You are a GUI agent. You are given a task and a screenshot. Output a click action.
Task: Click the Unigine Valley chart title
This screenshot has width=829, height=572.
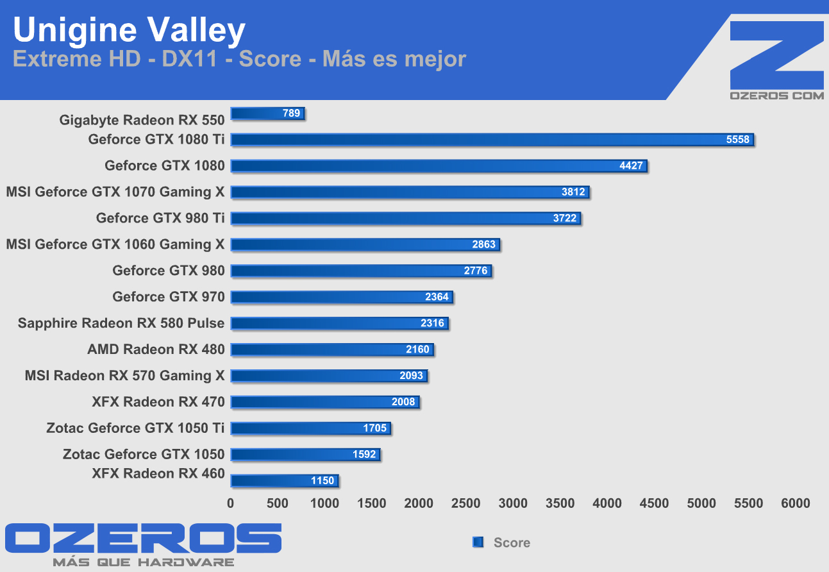coord(129,30)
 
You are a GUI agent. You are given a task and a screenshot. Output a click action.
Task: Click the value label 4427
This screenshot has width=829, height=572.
coord(631,166)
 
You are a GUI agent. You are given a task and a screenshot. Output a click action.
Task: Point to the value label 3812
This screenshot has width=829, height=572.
coord(573,192)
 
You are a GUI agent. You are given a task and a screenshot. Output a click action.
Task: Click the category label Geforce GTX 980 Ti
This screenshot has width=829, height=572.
coord(160,218)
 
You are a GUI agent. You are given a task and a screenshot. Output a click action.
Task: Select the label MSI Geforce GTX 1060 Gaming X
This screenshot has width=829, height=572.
coord(115,244)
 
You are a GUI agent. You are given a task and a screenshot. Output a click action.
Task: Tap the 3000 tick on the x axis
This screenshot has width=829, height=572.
coord(513,503)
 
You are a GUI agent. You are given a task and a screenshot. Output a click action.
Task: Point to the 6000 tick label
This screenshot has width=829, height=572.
coord(795,503)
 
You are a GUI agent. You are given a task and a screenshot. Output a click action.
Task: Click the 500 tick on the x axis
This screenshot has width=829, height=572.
coord(278,503)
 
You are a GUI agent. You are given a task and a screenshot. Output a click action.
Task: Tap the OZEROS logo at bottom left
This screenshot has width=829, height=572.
coord(143,539)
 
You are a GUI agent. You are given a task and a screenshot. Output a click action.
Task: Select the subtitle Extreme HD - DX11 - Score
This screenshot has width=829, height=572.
coord(239,59)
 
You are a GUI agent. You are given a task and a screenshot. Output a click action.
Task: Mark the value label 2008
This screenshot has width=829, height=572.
coord(404,402)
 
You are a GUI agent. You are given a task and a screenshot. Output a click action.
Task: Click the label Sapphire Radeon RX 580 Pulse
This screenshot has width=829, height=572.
coord(121,323)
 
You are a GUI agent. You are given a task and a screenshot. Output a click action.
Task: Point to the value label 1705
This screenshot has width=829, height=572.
coord(375,428)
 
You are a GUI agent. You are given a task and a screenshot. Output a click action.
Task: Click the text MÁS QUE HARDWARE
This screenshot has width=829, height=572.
coord(143,562)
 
